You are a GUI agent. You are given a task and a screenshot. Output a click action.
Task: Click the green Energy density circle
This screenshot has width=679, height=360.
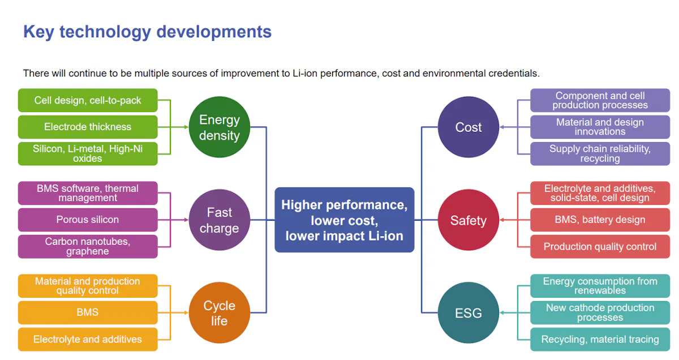(x=220, y=127)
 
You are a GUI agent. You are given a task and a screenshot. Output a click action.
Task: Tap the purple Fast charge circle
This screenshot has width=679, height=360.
(x=220, y=220)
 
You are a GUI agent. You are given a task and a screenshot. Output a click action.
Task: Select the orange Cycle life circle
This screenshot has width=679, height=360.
(x=220, y=312)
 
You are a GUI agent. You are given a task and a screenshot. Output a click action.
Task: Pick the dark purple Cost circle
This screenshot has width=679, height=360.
(x=469, y=127)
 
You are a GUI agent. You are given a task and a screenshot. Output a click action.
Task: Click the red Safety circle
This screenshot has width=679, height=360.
(x=469, y=220)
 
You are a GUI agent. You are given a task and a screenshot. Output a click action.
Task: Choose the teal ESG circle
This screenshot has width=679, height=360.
(x=469, y=312)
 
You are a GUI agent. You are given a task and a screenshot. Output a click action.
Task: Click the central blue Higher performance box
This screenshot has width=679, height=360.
(x=345, y=220)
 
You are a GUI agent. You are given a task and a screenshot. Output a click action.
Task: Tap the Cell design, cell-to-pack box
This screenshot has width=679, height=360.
(x=88, y=100)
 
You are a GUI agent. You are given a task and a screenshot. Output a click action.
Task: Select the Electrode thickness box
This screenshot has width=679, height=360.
(x=88, y=127)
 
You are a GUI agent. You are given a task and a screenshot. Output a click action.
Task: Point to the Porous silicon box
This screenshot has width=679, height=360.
(x=88, y=220)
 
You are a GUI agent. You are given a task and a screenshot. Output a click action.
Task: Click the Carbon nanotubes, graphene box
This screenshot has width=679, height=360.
(x=88, y=246)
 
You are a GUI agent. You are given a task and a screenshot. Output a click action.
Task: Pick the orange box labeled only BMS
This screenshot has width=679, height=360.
(x=88, y=312)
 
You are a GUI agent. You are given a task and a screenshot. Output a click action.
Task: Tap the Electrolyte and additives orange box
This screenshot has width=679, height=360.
(x=88, y=339)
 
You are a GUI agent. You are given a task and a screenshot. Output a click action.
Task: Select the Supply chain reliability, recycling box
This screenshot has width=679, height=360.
(x=600, y=154)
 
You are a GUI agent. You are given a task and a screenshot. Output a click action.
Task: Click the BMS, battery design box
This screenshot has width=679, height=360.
(x=600, y=220)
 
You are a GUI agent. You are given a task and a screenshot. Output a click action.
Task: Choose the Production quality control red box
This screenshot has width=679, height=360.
(x=600, y=246)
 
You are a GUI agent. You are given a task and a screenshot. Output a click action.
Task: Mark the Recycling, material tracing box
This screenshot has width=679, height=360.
(x=600, y=339)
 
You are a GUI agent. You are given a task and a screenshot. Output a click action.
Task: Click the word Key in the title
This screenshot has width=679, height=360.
(x=38, y=32)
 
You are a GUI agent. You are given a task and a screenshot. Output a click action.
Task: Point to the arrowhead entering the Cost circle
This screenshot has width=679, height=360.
(x=502, y=127)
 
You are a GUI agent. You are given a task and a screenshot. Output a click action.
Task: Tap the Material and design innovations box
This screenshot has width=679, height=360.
(x=600, y=127)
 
